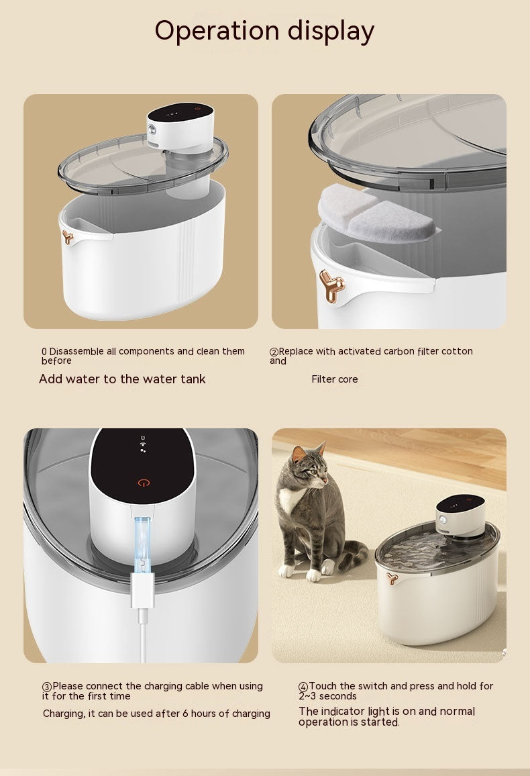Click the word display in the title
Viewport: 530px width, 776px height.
331,31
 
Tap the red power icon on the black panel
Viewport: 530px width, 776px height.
142,482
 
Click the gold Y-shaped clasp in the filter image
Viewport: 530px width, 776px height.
331,285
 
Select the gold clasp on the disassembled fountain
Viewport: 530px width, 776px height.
68,236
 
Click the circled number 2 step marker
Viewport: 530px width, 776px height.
274,352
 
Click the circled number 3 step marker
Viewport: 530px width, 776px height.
47,687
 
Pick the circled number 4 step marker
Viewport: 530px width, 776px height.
303,687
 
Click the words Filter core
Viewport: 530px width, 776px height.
335,379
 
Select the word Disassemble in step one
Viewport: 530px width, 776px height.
78,351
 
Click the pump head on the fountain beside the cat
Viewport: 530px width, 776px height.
460,514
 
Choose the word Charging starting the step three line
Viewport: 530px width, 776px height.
63,714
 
